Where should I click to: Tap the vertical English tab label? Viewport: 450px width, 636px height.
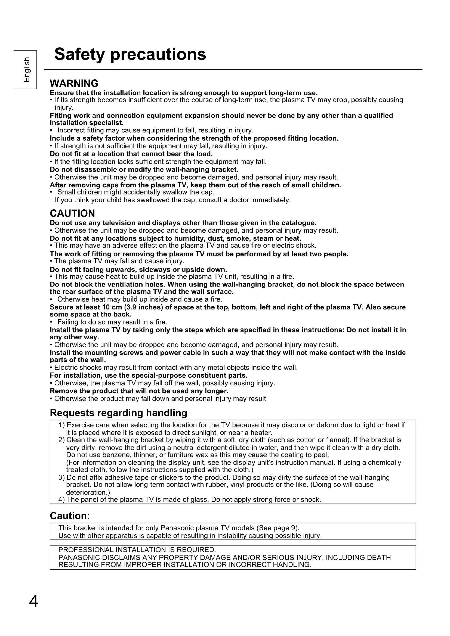[26, 70]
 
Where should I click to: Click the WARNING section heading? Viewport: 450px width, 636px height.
[74, 83]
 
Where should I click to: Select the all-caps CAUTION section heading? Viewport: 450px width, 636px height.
[72, 213]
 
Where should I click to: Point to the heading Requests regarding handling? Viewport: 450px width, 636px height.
[118, 413]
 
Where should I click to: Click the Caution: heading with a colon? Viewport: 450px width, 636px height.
[70, 516]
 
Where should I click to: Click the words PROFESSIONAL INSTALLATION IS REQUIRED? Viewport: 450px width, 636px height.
[137, 550]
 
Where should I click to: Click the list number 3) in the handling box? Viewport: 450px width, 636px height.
[61, 477]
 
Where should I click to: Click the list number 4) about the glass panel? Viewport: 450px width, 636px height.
[61, 500]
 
